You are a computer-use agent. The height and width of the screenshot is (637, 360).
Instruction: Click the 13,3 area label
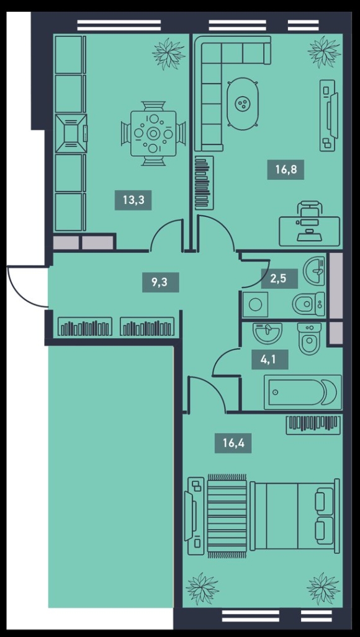pos(133,200)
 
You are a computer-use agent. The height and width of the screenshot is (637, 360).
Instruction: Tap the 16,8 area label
pos(286,169)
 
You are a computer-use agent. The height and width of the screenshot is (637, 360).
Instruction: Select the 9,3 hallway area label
pos(161,282)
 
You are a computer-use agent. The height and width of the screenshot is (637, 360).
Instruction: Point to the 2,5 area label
pos(279,278)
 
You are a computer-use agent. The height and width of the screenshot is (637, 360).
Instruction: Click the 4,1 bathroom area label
pos(270,359)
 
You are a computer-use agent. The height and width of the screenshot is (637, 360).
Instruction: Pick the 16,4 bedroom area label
pos(233,443)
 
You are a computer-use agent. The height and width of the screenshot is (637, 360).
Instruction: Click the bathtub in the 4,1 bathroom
pos(303,392)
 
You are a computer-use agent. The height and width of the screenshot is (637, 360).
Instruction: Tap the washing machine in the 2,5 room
pos(256,305)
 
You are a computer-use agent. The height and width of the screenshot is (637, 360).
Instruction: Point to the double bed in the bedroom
pos(295,515)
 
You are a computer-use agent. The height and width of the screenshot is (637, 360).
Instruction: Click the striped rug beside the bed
pos(227,515)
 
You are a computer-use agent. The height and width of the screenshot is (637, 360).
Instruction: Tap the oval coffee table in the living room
pos(243,103)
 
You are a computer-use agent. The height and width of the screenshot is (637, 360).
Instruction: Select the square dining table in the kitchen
pos(153,133)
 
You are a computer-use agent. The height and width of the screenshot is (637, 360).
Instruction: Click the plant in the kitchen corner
pos(169,53)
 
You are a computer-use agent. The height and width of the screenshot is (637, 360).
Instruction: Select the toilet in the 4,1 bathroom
pos(309,338)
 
